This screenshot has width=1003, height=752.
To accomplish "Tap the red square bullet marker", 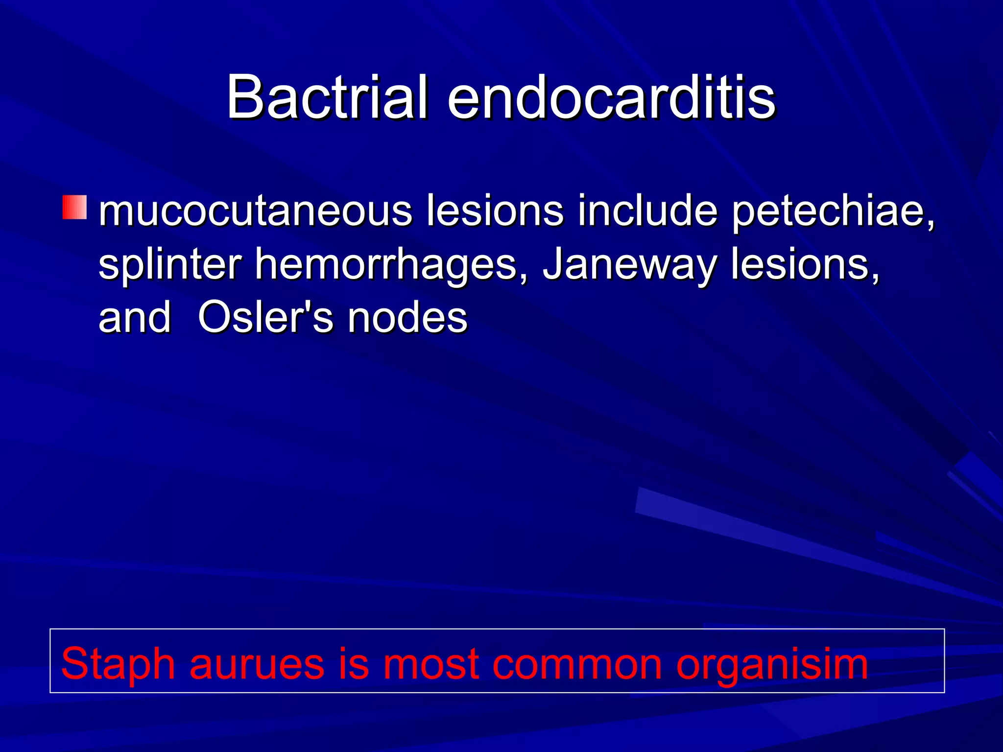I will click(x=74, y=207).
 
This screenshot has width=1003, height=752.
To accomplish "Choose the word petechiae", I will click(x=833, y=212).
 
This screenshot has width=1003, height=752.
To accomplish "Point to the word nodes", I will click(x=407, y=318).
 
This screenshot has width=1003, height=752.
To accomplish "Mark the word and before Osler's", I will click(x=135, y=318).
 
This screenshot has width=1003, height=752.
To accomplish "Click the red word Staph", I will click(x=118, y=664).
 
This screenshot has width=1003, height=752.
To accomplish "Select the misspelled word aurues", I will click(x=257, y=664).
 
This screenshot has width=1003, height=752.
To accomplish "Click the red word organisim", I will click(x=772, y=664).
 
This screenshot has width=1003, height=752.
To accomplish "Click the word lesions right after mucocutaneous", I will click(x=495, y=211).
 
